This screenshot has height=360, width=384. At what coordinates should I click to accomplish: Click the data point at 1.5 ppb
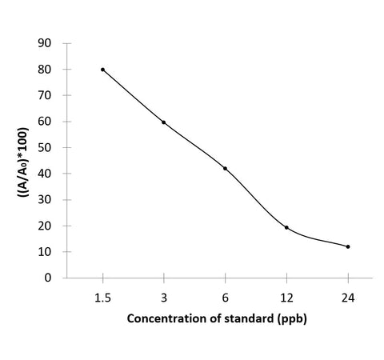click(x=102, y=70)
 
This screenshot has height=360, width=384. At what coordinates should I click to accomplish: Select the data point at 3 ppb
click(x=164, y=122)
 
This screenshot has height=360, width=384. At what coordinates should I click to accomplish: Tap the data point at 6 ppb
click(x=225, y=168)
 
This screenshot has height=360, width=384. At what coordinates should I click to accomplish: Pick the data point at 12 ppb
click(x=286, y=227)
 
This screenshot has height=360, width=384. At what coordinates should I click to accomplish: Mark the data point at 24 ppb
click(x=348, y=246)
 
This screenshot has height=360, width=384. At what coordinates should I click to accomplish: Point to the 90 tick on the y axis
click(x=54, y=43)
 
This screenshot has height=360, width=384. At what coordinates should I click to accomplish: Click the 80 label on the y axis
click(x=54, y=70)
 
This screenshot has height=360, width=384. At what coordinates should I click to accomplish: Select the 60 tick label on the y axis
click(x=54, y=122)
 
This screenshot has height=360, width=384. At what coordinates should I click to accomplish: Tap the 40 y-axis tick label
click(x=54, y=174)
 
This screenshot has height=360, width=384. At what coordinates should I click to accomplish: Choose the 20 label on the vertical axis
click(x=54, y=226)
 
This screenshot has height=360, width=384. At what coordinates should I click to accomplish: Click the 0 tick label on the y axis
click(x=58, y=278)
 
